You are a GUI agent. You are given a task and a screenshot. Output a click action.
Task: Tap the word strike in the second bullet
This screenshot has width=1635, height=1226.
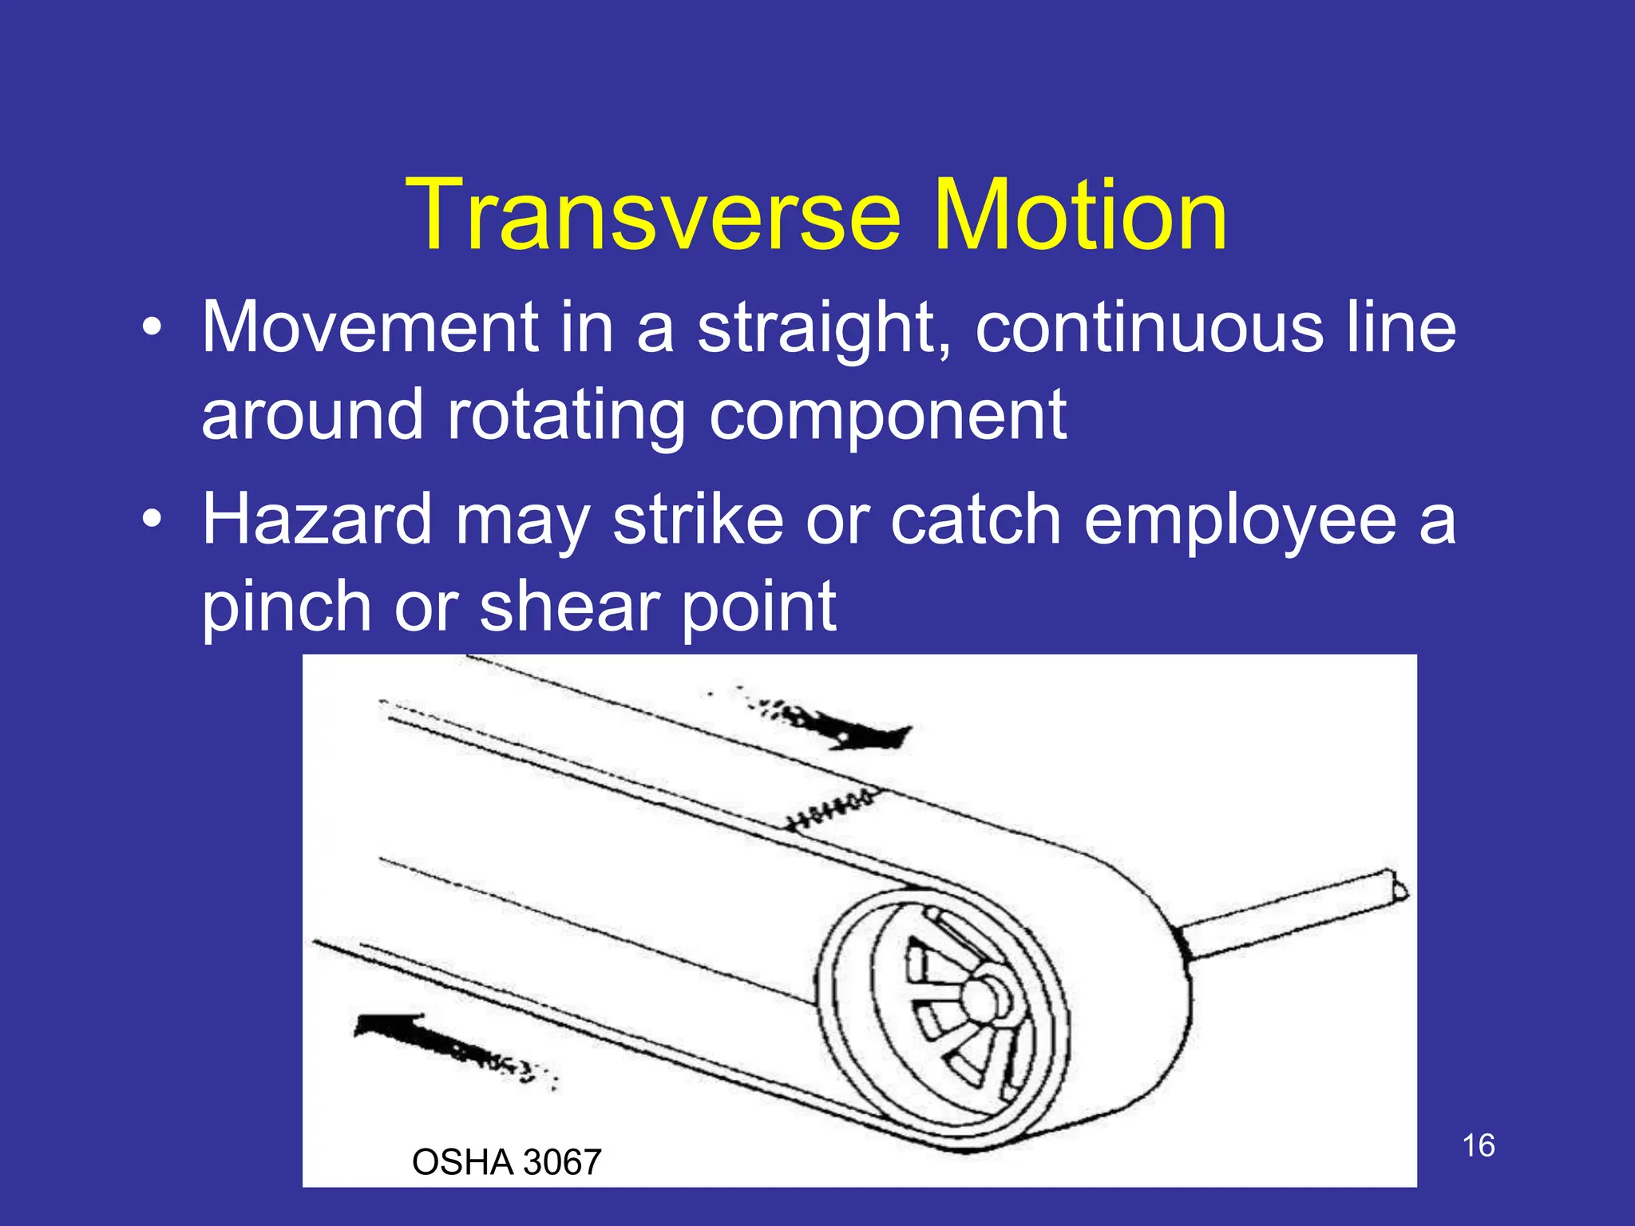click(x=699, y=520)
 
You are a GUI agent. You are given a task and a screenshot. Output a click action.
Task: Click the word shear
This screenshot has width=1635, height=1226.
click(x=568, y=607)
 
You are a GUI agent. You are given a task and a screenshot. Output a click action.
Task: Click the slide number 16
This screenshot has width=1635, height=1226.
click(x=1478, y=1146)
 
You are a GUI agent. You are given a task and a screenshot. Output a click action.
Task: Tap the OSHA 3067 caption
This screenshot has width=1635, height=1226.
click(x=506, y=1162)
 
